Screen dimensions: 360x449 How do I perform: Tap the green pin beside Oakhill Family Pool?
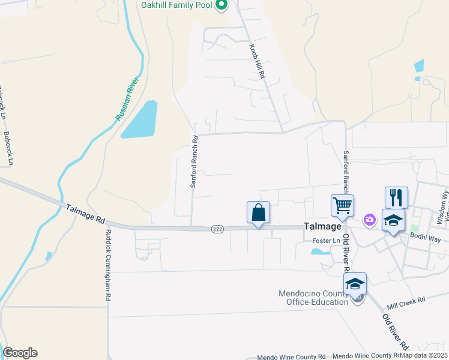pos(221,5)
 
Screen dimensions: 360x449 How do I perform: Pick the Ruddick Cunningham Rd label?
pos(109,265)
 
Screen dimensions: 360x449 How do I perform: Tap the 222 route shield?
pos(217,229)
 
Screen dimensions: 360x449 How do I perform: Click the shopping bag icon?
pos(258,212)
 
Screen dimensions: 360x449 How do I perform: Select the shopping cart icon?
pos(342,206)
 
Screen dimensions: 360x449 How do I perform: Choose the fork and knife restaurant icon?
pos(396,197)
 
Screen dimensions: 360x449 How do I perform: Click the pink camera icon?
pos(369,221)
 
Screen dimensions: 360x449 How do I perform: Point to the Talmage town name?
pos(322,227)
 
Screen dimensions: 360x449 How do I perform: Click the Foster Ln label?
pos(326,241)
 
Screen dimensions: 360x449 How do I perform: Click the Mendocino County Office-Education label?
pos(313,298)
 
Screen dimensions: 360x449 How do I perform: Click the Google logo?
pos(20,353)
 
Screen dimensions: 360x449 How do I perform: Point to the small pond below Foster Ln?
pos(321,252)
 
